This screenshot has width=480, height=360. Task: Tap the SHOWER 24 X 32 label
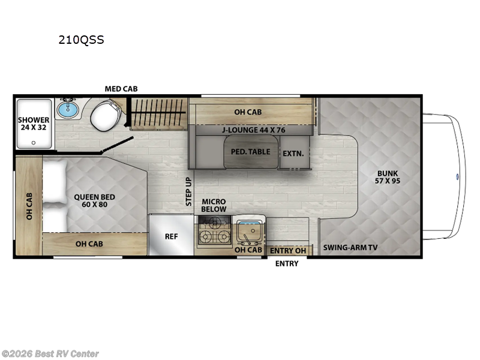coord(34,124)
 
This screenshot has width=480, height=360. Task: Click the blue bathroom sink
coord(68,110)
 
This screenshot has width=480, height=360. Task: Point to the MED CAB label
coord(121,89)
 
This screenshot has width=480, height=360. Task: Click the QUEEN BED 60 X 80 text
coord(94,200)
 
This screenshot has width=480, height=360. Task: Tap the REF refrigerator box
coord(172,236)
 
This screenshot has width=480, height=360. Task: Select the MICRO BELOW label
coord(214,205)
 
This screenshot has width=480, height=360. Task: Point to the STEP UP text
coord(188,191)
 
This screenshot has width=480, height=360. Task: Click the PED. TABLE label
coord(250,152)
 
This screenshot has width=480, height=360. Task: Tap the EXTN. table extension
coord(293,153)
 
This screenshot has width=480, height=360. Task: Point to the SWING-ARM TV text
coord(350,247)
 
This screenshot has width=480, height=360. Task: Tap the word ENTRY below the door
coord(286,263)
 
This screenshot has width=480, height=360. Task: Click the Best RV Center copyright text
coord(50,354)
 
